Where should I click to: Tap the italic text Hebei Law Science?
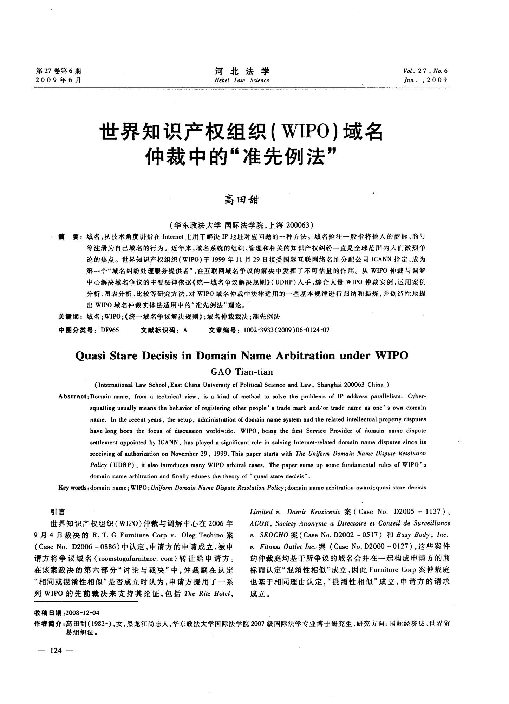[x=242, y=80]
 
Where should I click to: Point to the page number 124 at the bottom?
[x=56, y=651]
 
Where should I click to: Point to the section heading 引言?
[x=57, y=513]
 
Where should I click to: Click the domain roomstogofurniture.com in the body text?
[x=134, y=558]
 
